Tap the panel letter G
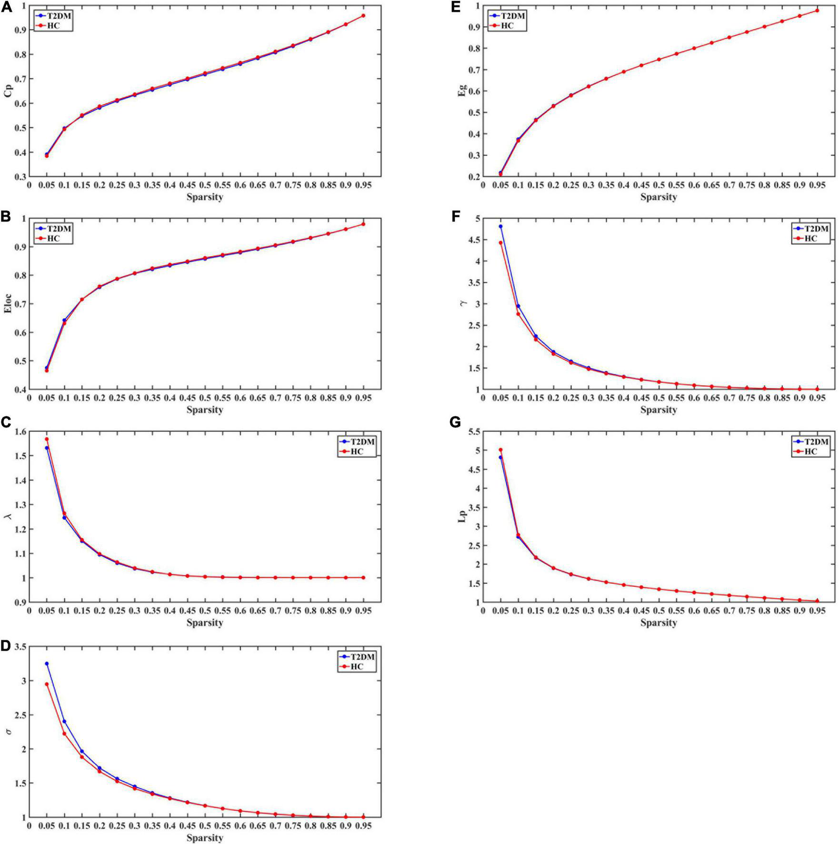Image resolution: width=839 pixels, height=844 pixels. [456, 422]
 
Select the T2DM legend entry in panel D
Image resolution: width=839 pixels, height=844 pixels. [362, 657]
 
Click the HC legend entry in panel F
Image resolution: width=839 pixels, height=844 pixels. [810, 239]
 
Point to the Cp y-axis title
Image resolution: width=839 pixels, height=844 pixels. [8, 91]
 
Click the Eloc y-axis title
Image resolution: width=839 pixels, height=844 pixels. [8, 303]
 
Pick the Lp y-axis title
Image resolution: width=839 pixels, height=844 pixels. [462, 516]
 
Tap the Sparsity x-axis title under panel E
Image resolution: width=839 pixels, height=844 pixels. [659, 197]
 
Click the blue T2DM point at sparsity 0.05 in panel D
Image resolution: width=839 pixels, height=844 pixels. [47, 663]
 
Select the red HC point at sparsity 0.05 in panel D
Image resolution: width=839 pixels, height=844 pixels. [47, 684]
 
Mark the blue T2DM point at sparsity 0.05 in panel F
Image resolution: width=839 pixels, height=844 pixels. [500, 226]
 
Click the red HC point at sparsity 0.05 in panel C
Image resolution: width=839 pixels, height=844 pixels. [47, 439]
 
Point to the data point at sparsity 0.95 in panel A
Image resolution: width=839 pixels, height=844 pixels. [363, 16]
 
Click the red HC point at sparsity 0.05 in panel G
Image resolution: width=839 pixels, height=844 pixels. [500, 450]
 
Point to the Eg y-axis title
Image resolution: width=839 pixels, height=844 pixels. [461, 91]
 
